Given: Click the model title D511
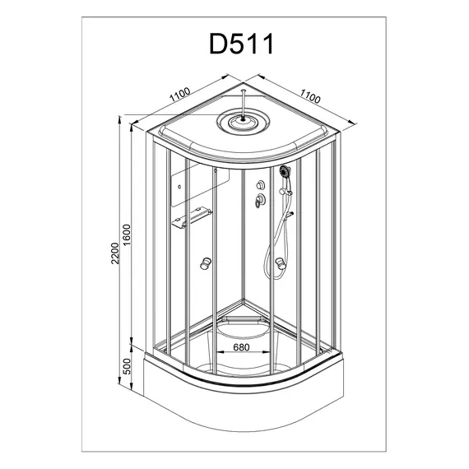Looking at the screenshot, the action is pyautogui.click(x=241, y=44).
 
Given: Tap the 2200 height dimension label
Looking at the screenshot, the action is pyautogui.click(x=115, y=253).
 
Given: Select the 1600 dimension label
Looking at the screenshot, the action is pyautogui.click(x=127, y=234).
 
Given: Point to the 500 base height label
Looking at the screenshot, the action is pyautogui.click(x=127, y=366).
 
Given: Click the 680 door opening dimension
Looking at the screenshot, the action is pyautogui.click(x=241, y=347).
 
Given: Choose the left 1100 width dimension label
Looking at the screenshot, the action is pyautogui.click(x=179, y=95).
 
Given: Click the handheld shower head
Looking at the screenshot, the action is pyautogui.click(x=285, y=171).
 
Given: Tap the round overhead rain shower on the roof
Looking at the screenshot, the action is pyautogui.click(x=244, y=122).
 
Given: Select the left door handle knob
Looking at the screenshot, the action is pyautogui.click(x=206, y=263).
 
